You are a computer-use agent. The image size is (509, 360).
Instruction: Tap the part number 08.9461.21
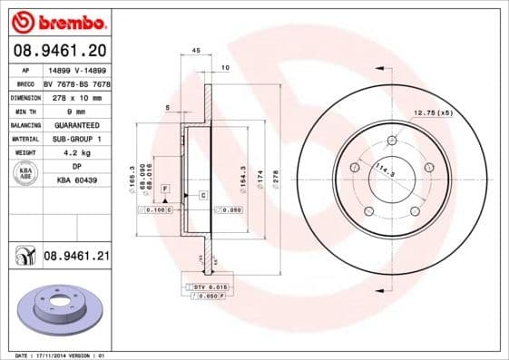[76, 257]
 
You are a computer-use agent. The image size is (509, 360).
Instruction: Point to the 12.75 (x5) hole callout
[434, 112]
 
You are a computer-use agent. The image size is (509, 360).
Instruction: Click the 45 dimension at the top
[196, 51]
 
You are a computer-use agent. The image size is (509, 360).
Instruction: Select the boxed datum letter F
[164, 187]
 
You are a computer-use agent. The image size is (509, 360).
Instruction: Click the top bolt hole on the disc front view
[392, 140]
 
